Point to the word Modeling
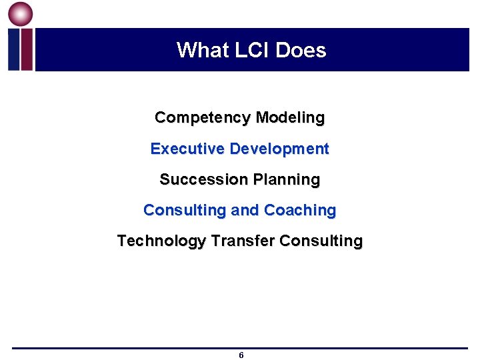290,118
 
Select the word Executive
187,149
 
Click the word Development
279,149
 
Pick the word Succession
196,179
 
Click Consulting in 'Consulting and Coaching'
185,210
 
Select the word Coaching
300,210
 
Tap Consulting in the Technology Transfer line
321,241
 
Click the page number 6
241,355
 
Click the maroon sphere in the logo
21,14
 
